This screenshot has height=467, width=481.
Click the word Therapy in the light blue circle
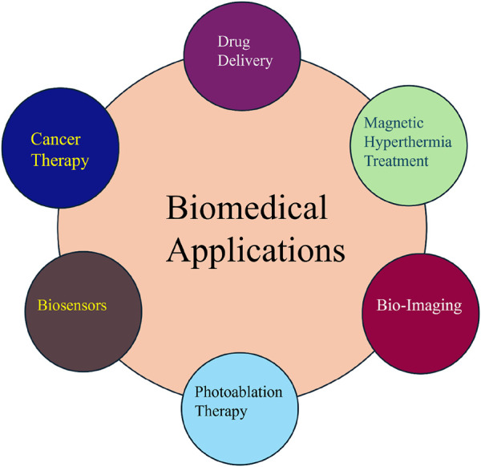(x=221, y=412)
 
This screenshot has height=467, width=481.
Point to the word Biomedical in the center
(x=247, y=210)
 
